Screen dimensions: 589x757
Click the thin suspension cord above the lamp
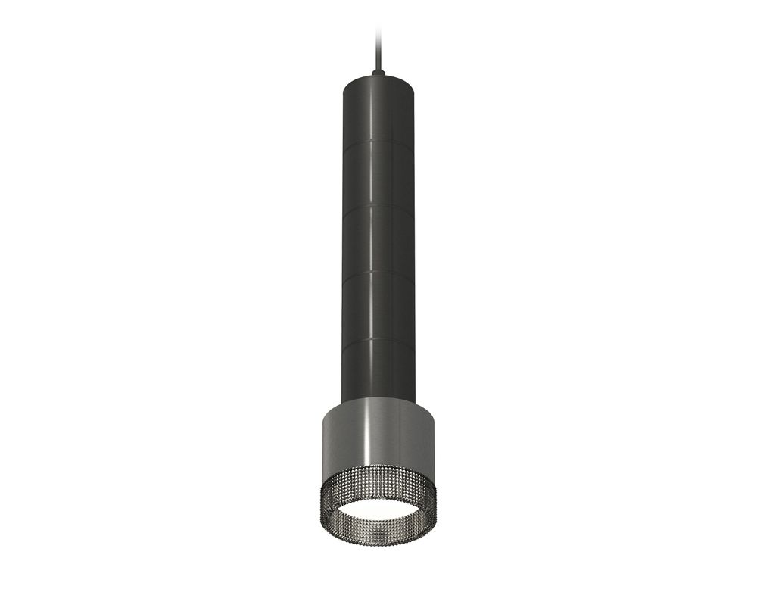[x=378, y=45]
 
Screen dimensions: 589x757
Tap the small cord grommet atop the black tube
[x=378, y=72]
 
